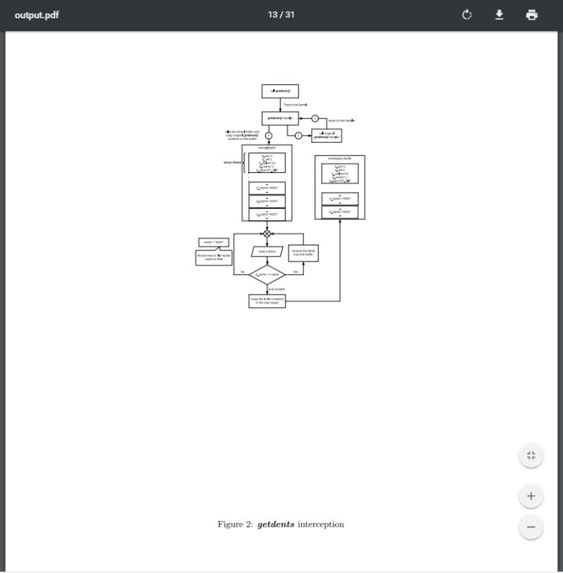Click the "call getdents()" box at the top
(280, 91)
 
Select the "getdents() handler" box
(280, 118)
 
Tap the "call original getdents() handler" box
(327, 135)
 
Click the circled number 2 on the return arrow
(315, 118)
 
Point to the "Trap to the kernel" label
(295, 105)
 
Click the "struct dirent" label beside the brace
(232, 162)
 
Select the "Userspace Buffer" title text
(339, 158)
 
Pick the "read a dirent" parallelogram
(267, 251)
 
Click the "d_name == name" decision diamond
(267, 274)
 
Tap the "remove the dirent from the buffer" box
(303, 252)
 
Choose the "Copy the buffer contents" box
(267, 300)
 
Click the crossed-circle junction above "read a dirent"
(267, 233)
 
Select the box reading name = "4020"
(213, 243)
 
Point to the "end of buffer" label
(277, 289)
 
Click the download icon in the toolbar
(499, 15)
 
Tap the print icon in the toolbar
(531, 15)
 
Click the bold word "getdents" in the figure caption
(276, 524)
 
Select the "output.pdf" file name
(37, 15)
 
